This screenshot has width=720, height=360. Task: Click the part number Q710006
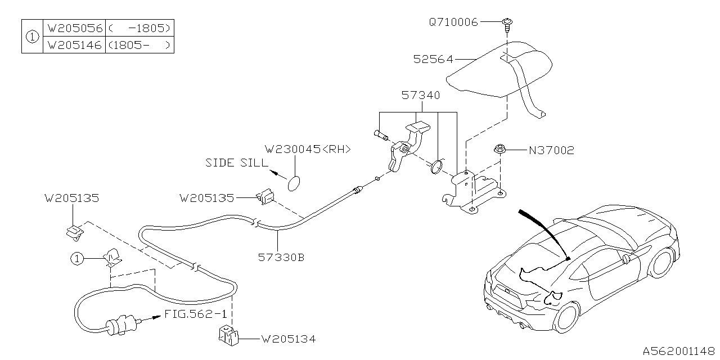(x=453, y=22)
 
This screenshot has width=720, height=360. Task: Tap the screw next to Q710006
(x=507, y=23)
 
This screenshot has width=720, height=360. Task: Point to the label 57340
(x=420, y=96)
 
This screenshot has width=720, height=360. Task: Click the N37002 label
(x=551, y=151)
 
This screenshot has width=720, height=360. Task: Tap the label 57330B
(x=281, y=258)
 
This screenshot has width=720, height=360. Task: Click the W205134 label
(x=288, y=339)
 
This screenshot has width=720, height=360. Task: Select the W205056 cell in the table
(x=74, y=28)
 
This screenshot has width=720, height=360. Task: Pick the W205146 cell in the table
(x=74, y=46)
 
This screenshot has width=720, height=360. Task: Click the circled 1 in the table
(x=32, y=37)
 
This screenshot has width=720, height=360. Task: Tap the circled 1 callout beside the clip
(x=77, y=259)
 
